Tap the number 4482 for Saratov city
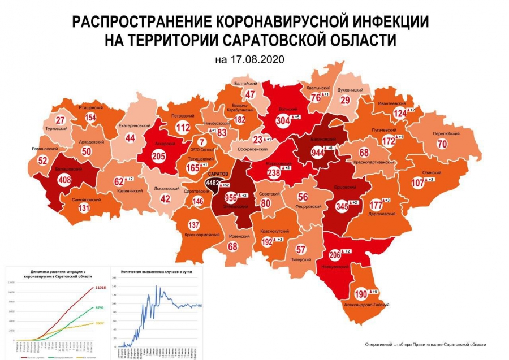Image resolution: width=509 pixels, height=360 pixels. tap(215, 183)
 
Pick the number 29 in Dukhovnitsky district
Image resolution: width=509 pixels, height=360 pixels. tap(345, 100)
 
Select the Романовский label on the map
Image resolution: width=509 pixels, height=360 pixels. tap(45, 149)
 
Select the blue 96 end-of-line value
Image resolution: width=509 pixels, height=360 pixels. tap(200, 306)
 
